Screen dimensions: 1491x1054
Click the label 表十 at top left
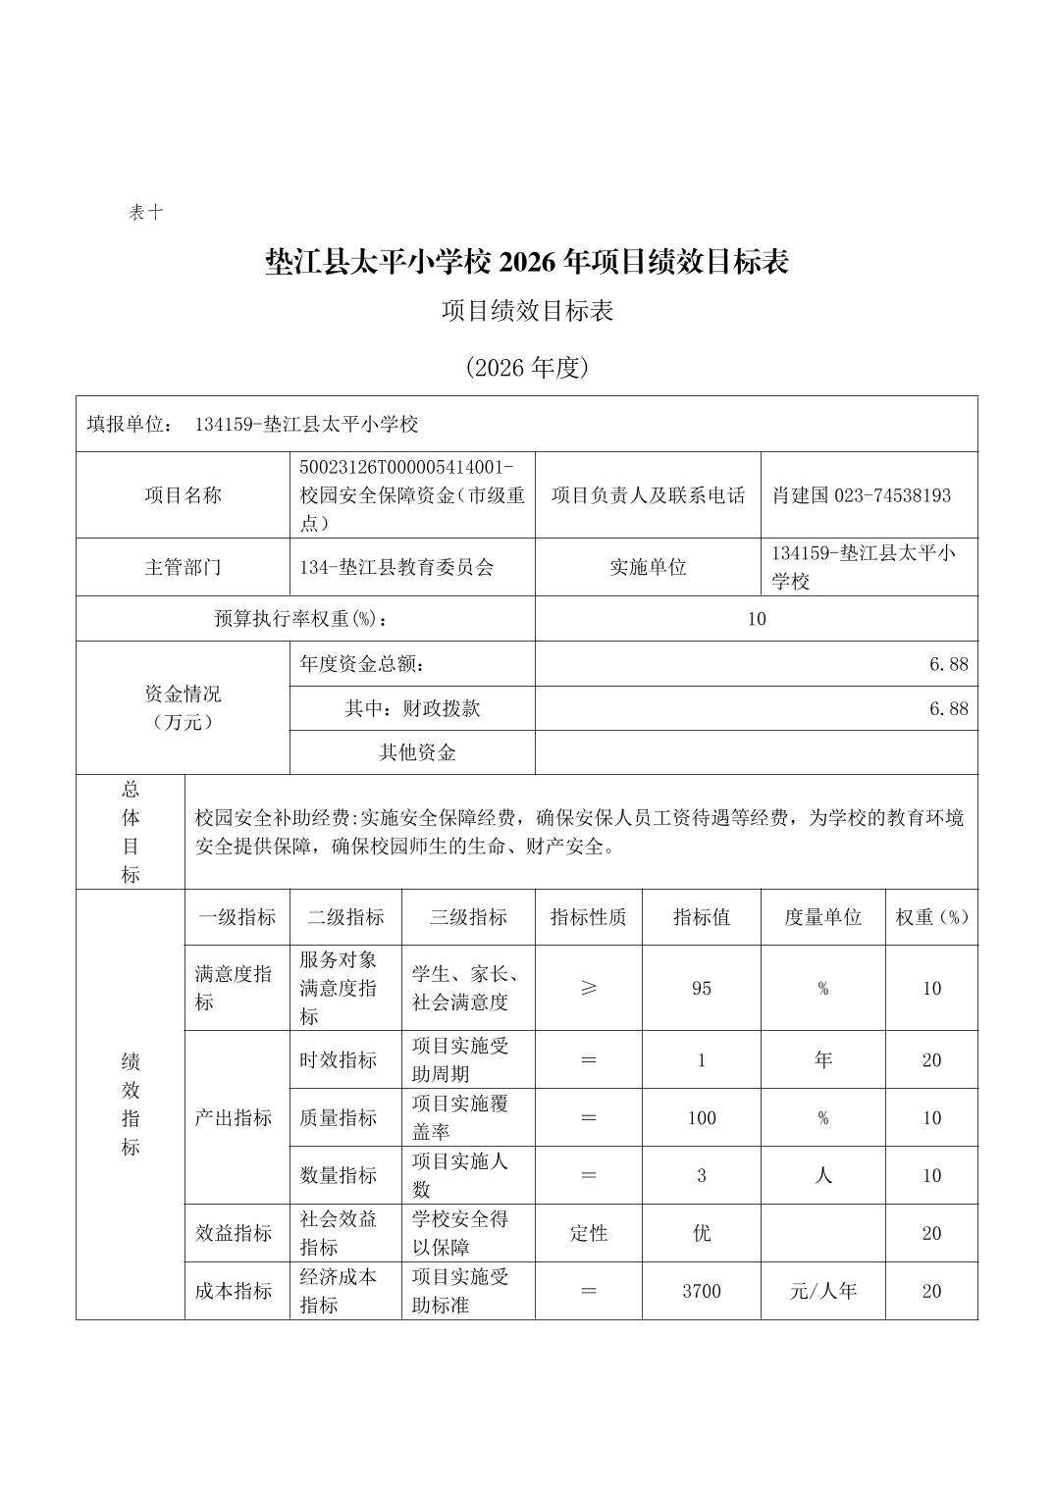click(x=146, y=212)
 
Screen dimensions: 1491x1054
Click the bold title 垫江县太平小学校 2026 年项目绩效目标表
click(x=527, y=262)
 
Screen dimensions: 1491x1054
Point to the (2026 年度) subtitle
click(x=527, y=368)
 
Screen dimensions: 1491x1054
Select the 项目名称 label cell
click(x=184, y=495)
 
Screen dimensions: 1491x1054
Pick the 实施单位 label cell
click(x=648, y=567)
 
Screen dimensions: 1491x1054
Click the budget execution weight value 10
click(x=756, y=619)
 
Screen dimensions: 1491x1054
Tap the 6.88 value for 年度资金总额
click(x=948, y=664)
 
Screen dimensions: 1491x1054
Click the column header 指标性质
click(x=589, y=917)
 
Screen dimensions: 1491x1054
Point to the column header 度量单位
click(x=822, y=917)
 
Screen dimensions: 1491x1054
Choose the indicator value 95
click(x=702, y=988)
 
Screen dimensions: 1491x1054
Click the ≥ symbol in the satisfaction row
click(x=589, y=988)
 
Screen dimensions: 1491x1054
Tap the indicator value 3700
click(x=702, y=1291)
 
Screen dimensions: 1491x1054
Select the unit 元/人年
click(x=822, y=1291)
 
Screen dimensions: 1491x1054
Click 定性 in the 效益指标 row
click(x=589, y=1233)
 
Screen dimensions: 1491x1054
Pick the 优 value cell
click(x=702, y=1233)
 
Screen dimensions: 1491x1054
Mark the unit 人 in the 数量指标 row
click(x=822, y=1175)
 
